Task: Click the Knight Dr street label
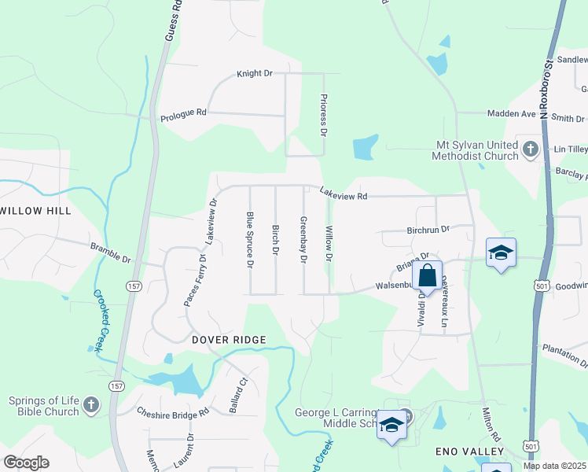click(254, 73)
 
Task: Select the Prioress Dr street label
click(323, 115)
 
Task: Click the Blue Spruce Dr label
click(250, 240)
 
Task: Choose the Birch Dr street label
click(275, 240)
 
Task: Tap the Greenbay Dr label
click(303, 241)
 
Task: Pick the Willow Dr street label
click(329, 245)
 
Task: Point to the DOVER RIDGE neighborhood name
click(229, 339)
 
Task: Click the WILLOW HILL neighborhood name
click(35, 211)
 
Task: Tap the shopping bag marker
click(428, 276)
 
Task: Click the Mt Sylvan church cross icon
click(530, 149)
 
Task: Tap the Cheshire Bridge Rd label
click(173, 411)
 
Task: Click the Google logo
click(26, 463)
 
